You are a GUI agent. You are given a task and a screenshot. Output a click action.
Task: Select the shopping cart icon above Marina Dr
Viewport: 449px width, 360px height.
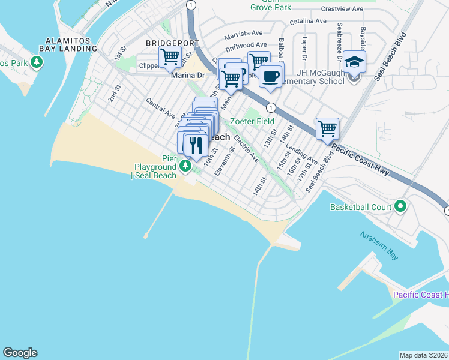[170, 58]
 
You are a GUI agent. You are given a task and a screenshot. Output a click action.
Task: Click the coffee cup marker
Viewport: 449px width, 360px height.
[271, 76]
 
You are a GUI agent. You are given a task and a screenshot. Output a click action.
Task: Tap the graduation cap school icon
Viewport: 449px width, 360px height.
[355, 62]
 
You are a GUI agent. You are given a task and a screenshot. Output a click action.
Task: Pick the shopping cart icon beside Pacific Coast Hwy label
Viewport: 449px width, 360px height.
[327, 128]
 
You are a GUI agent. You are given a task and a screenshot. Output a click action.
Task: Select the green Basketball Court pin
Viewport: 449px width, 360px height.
[400, 207]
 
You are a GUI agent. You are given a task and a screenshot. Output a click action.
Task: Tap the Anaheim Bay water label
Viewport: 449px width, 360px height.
[379, 246]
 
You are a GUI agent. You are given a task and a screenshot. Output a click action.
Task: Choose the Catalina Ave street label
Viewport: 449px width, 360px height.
[309, 21]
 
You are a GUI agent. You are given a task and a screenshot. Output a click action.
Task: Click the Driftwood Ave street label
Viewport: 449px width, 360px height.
[246, 45]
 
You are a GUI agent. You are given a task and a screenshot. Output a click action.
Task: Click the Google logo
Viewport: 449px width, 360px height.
[20, 353]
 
